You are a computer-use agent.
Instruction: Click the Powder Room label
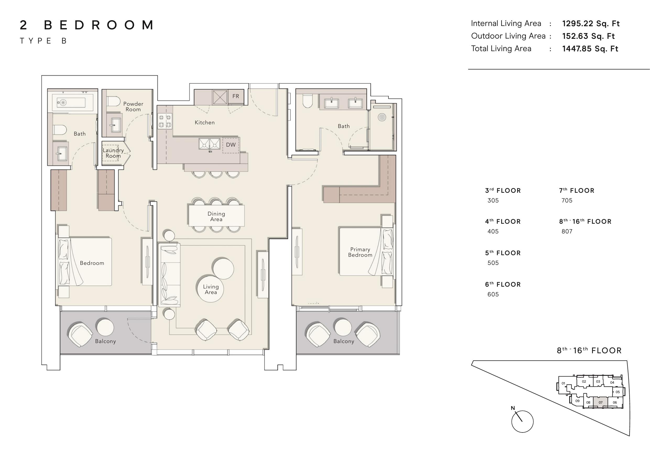pyautogui.click(x=133, y=106)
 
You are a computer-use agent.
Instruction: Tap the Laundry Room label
pyautogui.click(x=113, y=153)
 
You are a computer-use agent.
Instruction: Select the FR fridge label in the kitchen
pyautogui.click(x=236, y=96)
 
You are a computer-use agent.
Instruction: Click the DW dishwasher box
pyautogui.click(x=231, y=145)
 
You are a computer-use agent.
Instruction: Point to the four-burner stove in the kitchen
pyautogui.click(x=165, y=121)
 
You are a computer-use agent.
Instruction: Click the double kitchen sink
pyautogui.click(x=210, y=144)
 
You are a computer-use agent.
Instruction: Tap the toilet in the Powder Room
pyautogui.click(x=113, y=101)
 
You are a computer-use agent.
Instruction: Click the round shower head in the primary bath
pyautogui.click(x=382, y=117)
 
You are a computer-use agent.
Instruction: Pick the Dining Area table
pyautogui.click(x=216, y=215)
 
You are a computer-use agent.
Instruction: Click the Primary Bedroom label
pyautogui.click(x=360, y=252)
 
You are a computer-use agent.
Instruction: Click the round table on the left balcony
pyautogui.click(x=105, y=327)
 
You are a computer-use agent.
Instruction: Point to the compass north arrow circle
pyautogui.click(x=522, y=421)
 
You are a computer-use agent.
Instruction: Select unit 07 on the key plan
pyautogui.click(x=600, y=402)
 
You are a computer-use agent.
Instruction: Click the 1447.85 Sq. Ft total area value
pyautogui.click(x=590, y=49)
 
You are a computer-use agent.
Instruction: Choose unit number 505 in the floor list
pyautogui.click(x=493, y=263)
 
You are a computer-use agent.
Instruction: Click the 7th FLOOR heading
pyautogui.click(x=577, y=190)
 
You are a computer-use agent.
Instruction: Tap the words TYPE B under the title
pyautogui.click(x=43, y=41)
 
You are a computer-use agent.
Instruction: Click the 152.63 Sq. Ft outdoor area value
pyautogui.click(x=589, y=36)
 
